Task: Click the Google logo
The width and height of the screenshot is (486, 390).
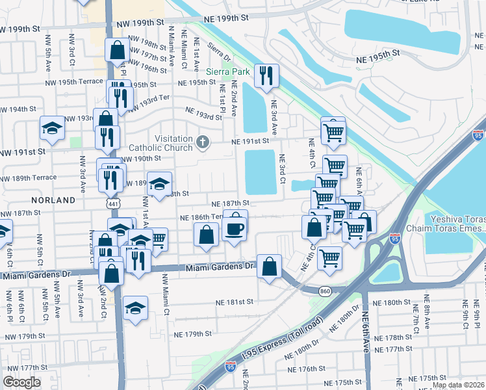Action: click(x=21, y=382)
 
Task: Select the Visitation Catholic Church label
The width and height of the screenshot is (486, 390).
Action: click(x=173, y=143)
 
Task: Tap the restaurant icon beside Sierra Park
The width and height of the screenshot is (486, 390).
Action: click(x=266, y=77)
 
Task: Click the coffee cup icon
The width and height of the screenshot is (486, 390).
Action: click(x=234, y=228)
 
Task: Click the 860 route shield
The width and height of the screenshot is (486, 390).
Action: click(x=324, y=291)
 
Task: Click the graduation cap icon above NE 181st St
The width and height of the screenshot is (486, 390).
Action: click(x=135, y=307)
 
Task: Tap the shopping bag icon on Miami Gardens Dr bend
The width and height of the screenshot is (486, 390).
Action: click(x=269, y=266)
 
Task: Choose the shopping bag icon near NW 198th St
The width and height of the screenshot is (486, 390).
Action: click(x=117, y=49)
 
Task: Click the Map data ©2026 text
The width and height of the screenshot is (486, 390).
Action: click(x=458, y=385)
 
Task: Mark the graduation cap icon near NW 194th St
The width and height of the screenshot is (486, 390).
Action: click(x=52, y=128)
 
